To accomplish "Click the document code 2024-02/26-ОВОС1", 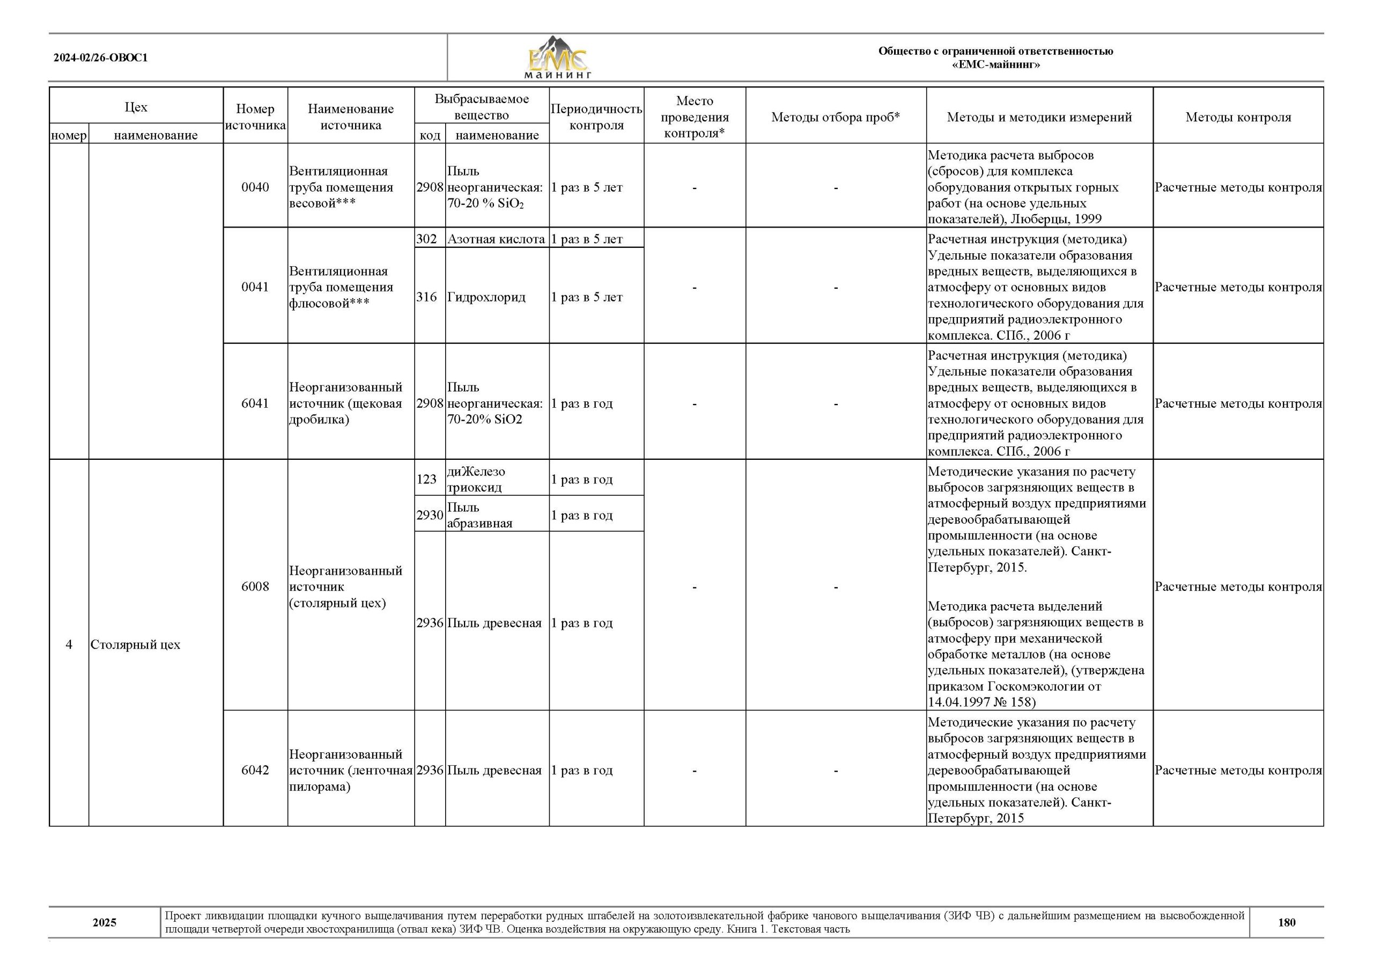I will pyautogui.click(x=100, y=58).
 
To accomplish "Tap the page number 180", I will pyautogui.click(x=1287, y=922).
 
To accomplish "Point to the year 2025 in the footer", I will pyautogui.click(x=105, y=922).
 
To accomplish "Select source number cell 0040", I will pyautogui.click(x=255, y=187).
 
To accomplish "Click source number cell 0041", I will pyautogui.click(x=255, y=287).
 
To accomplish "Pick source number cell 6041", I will pyautogui.click(x=255, y=403).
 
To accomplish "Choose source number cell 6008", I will pyautogui.click(x=255, y=586).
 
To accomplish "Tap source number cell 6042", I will pyautogui.click(x=255, y=770).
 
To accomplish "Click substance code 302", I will pyautogui.click(x=427, y=239).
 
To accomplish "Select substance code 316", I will pyautogui.click(x=427, y=297).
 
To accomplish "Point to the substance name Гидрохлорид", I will pyautogui.click(x=486, y=297).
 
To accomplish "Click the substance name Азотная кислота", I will pyautogui.click(x=496, y=239).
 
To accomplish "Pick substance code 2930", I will pyautogui.click(x=430, y=515).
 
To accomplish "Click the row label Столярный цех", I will pyautogui.click(x=136, y=644).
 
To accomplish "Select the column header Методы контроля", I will pyautogui.click(x=1238, y=117).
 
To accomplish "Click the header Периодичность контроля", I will pyautogui.click(x=596, y=117).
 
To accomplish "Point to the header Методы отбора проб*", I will pyautogui.click(x=836, y=117).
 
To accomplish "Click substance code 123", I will pyautogui.click(x=427, y=479).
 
